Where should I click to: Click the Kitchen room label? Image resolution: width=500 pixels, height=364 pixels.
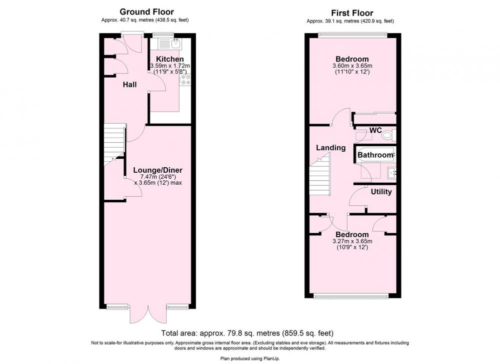169,59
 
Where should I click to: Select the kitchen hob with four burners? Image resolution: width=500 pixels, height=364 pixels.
185,80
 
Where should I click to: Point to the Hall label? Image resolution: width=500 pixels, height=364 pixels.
130,85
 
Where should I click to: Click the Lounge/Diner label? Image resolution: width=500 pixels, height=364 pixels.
157,170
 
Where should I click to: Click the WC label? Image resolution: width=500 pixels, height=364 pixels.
375,130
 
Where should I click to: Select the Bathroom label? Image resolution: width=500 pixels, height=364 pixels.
375,155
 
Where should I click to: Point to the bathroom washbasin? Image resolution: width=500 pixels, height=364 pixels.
392,173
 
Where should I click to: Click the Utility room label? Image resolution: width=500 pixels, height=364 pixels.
381,192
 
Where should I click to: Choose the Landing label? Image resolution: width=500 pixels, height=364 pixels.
330,148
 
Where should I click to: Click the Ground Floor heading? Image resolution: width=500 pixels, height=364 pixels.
146,12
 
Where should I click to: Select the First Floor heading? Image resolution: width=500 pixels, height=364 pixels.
352,13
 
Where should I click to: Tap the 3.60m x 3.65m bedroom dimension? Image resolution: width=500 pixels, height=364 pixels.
352,66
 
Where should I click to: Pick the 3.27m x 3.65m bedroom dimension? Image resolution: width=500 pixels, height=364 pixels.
352,241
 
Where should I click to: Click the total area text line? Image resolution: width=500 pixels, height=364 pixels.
247,333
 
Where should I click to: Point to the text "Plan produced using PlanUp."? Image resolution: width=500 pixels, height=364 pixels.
250,358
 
